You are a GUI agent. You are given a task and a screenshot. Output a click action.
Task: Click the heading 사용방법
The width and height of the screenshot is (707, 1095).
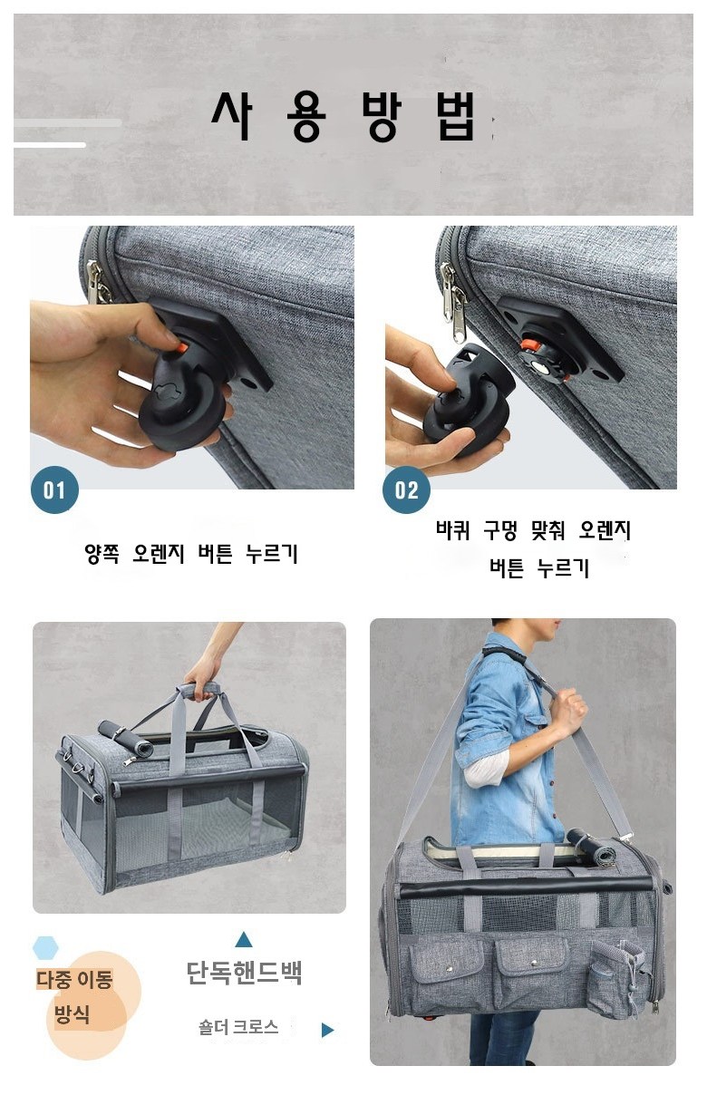(x=343, y=116)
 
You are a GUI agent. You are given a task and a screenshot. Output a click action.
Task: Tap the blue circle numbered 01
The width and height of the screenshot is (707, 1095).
(x=54, y=489)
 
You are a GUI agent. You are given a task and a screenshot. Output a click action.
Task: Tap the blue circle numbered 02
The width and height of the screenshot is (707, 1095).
(x=406, y=489)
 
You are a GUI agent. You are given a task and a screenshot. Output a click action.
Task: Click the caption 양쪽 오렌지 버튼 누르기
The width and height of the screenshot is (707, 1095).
(x=191, y=554)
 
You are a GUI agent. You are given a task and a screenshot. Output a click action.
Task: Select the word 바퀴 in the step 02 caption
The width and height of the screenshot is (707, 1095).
(x=453, y=530)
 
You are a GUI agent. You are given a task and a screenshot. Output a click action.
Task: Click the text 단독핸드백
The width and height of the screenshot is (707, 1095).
(x=245, y=973)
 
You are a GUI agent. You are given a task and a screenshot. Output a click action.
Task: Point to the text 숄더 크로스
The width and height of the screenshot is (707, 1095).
(x=238, y=1026)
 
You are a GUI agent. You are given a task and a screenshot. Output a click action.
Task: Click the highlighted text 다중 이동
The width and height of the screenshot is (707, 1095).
(x=75, y=979)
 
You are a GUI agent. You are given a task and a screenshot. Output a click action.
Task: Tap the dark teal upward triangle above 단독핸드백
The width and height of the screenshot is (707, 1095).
(x=244, y=939)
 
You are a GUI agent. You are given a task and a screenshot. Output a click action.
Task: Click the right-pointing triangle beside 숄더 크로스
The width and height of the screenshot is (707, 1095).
(x=327, y=1030)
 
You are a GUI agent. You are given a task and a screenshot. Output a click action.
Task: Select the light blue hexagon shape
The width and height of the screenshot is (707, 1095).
(x=45, y=947)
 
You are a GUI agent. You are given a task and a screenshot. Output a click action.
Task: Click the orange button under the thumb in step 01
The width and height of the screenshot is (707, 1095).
(x=181, y=346)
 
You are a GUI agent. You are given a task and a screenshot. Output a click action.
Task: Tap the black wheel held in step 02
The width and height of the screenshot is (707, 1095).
(x=466, y=403)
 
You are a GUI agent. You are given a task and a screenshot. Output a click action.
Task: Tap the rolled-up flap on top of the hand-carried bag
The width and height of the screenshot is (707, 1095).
(x=125, y=738)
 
